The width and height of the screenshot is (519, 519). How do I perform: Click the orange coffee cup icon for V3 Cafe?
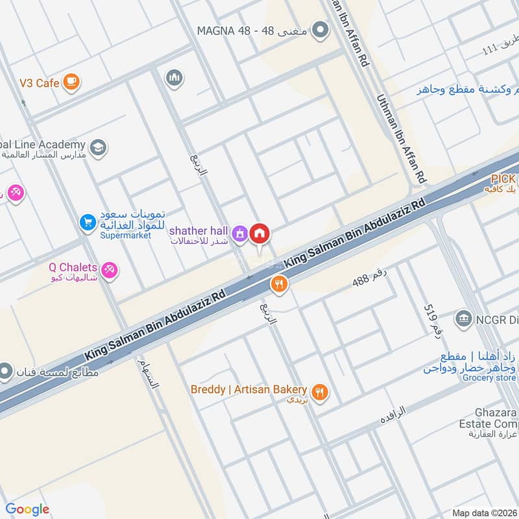point(72,82)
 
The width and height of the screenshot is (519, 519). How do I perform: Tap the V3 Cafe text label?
point(40,83)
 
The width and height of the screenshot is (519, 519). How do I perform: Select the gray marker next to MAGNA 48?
point(319,30)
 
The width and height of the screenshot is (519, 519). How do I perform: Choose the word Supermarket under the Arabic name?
point(125,235)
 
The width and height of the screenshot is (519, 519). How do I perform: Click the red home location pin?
point(260,234)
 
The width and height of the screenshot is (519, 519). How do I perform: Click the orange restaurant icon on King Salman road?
point(279,284)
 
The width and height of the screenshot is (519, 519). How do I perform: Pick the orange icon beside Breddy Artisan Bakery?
point(319,392)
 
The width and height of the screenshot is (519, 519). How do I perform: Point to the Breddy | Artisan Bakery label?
point(248,389)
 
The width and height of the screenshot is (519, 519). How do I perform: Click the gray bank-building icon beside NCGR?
point(463,318)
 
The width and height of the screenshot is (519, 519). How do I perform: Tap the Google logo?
point(27,509)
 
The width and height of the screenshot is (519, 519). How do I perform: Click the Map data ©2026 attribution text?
point(484,513)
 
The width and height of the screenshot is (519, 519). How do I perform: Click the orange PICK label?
point(503,178)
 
